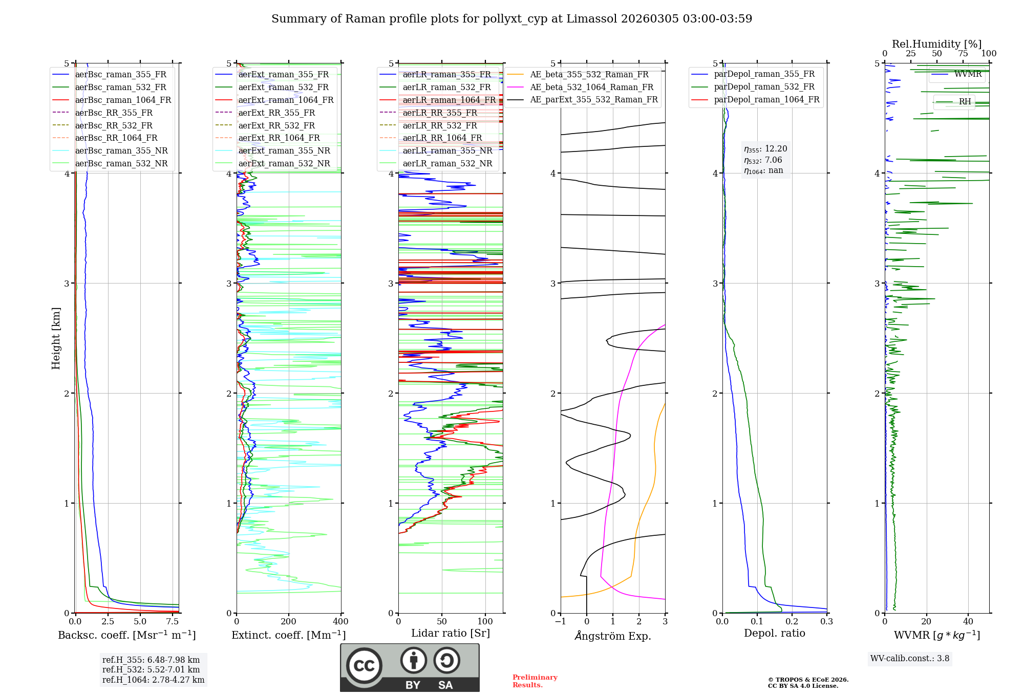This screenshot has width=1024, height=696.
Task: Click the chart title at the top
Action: pos(511,19)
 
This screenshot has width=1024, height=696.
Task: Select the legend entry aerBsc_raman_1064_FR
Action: pos(123,100)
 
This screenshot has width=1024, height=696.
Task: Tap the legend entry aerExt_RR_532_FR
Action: pos(276,125)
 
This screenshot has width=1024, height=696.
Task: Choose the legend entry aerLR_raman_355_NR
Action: pos(447,150)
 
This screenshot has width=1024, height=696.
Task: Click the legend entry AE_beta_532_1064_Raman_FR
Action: pos(591,87)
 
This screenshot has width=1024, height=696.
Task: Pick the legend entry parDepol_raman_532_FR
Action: pos(764,86)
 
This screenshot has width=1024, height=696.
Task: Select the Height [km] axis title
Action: pos(56,338)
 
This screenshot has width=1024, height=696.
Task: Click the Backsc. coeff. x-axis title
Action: pos(127,635)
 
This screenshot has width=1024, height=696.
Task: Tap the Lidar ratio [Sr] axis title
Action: pos(451,633)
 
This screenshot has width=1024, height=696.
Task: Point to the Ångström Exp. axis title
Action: pos(613,636)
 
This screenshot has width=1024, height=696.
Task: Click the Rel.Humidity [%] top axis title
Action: pos(936,44)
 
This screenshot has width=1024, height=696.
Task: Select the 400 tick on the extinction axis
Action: pos(340,621)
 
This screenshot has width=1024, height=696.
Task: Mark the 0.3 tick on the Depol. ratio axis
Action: pos(826,621)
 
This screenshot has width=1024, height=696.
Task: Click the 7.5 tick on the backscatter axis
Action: pos(173,621)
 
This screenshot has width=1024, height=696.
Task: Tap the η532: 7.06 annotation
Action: pos(763,160)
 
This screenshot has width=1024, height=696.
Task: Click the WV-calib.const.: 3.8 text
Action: pos(910,658)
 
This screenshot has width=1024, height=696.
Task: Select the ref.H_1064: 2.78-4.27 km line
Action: pos(153,680)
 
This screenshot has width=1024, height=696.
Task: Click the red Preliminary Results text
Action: pos(535,681)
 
